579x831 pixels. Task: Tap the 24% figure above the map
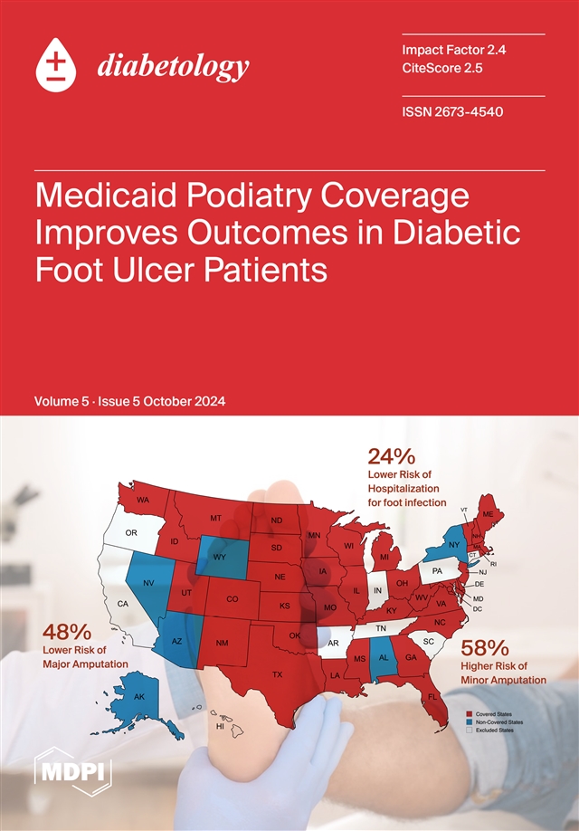392,455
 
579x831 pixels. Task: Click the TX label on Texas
278,673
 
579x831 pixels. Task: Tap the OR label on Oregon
130,533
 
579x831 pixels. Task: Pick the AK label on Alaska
139,697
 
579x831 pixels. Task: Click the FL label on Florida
432,696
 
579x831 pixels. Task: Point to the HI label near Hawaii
219,726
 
